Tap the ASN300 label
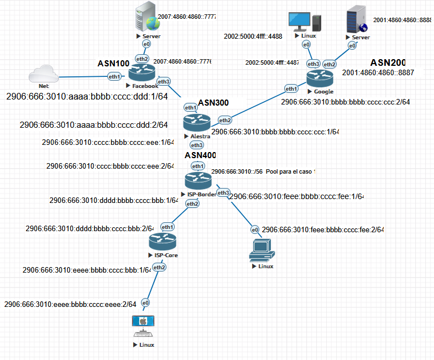click(213, 102)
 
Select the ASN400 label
click(200, 155)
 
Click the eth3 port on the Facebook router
click(164, 82)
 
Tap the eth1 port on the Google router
click(291, 88)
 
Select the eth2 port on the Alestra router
click(225, 120)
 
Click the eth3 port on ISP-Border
click(223, 192)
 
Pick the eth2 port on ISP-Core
click(160, 267)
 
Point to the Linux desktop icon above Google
click(305, 22)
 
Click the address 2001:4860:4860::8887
click(381, 72)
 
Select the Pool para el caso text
click(290, 172)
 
